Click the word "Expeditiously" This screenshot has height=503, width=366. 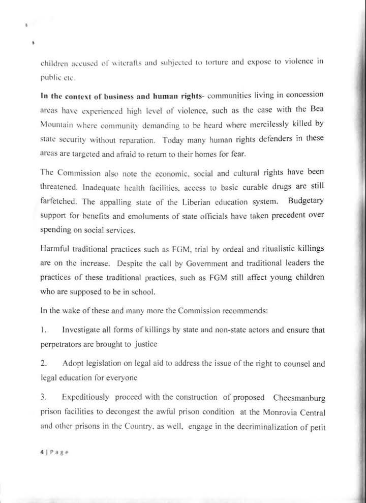(x=89, y=397)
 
